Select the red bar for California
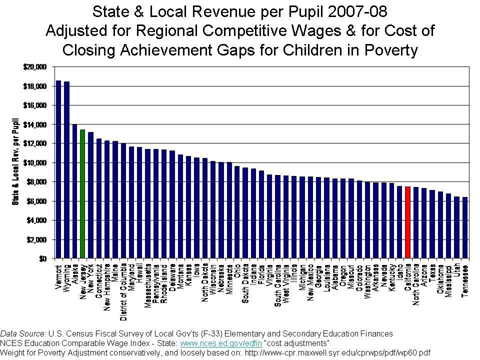(408, 222)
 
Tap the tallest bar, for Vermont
(58, 169)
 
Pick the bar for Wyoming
(66, 170)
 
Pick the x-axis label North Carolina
(416, 283)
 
